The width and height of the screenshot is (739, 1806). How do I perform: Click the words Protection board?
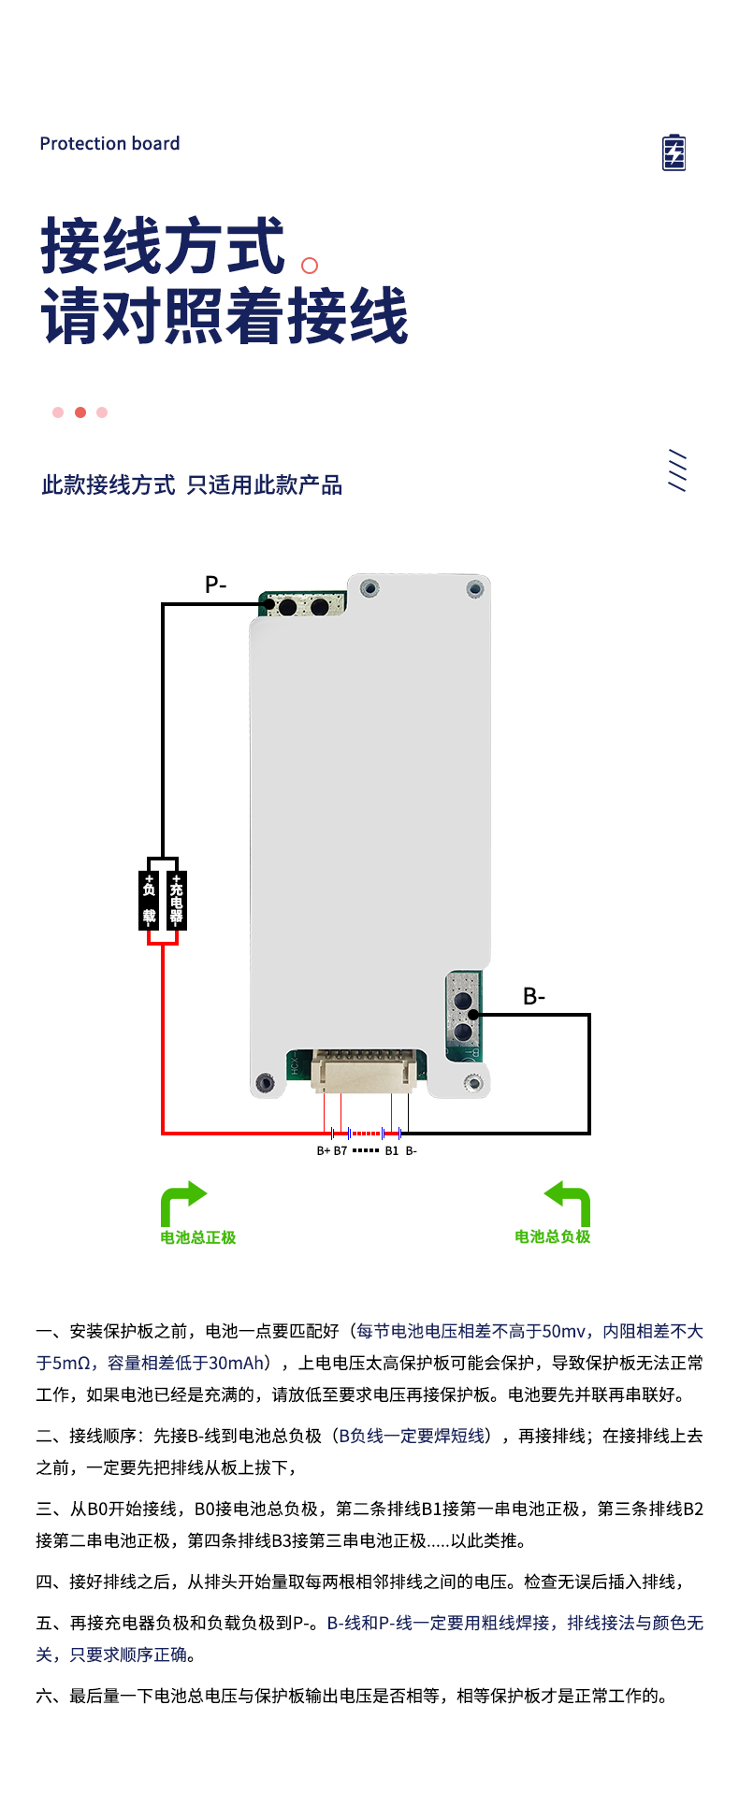click(109, 143)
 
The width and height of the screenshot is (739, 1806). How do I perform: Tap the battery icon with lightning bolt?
click(674, 152)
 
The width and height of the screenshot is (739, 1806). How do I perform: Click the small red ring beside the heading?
click(310, 266)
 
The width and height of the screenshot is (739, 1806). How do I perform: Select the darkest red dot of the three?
click(80, 412)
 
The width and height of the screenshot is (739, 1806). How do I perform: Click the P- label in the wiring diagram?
click(215, 585)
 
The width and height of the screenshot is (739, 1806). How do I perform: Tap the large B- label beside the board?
click(534, 997)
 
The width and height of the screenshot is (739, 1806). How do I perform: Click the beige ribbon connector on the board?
click(363, 1070)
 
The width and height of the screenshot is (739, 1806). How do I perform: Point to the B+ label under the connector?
click(323, 1151)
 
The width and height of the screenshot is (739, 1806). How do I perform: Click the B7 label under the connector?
click(341, 1151)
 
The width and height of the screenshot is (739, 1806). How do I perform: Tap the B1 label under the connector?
click(392, 1151)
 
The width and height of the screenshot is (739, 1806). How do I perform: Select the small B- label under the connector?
click(412, 1151)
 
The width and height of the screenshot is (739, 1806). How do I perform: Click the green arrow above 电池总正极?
click(182, 1202)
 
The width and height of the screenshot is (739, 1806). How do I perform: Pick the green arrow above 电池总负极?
click(569, 1202)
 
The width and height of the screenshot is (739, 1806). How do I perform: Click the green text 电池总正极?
click(198, 1237)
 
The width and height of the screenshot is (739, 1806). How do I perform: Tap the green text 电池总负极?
click(553, 1236)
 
